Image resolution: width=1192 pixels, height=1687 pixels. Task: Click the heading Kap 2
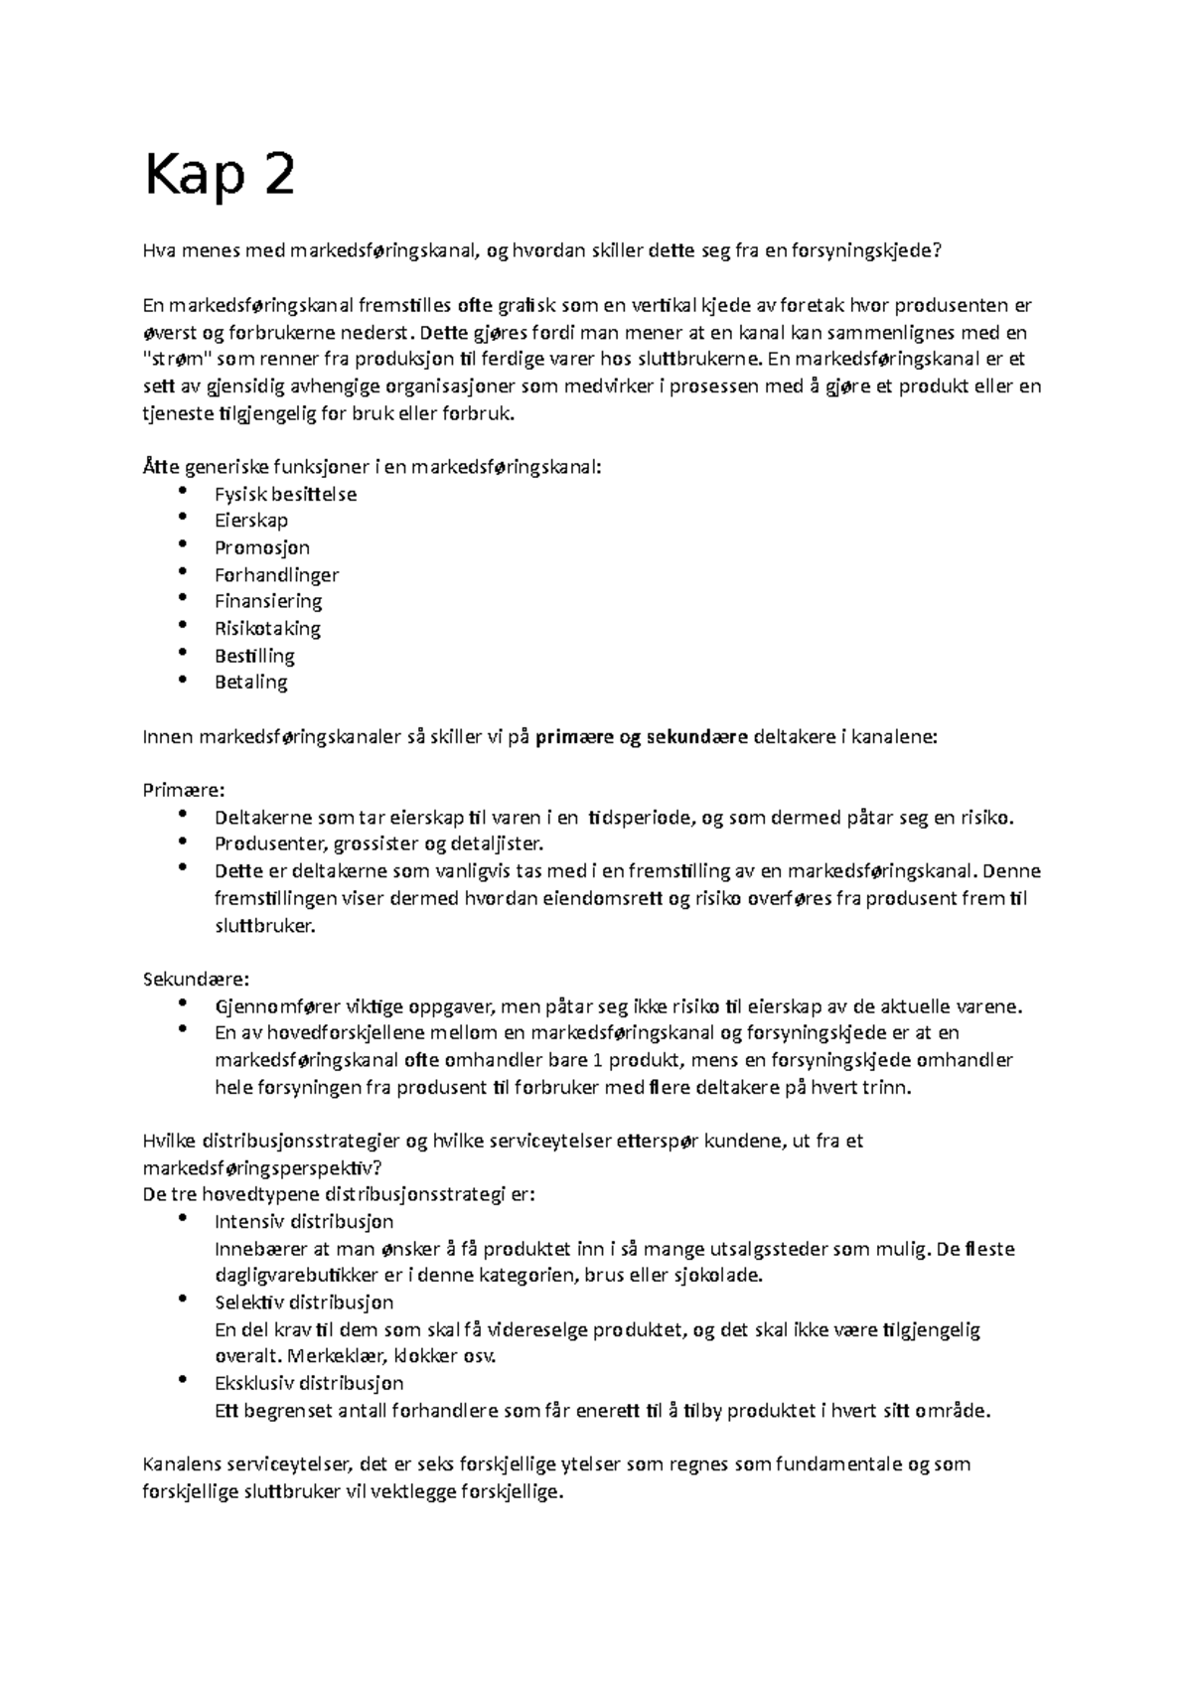click(x=220, y=177)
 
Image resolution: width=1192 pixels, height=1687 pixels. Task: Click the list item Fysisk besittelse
click(x=285, y=494)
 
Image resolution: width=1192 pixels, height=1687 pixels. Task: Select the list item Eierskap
click(x=251, y=521)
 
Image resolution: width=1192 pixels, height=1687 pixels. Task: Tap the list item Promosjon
click(x=262, y=547)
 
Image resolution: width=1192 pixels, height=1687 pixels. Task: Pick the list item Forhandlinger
click(x=276, y=574)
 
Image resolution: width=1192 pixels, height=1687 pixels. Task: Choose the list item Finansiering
click(x=268, y=601)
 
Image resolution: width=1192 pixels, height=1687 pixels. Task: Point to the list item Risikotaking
click(x=267, y=628)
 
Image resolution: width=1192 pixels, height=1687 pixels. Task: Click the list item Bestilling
click(x=254, y=656)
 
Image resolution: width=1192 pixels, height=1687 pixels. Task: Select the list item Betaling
click(x=251, y=683)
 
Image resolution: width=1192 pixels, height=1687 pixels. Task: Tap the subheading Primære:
click(x=185, y=791)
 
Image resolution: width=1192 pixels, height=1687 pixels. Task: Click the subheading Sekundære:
click(x=197, y=979)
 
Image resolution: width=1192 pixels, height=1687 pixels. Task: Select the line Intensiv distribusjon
click(x=304, y=1222)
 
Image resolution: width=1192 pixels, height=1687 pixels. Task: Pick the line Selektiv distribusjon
click(x=304, y=1303)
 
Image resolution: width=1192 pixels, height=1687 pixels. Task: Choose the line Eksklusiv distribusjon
click(x=309, y=1383)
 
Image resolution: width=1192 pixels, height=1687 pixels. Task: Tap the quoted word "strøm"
click(x=172, y=360)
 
